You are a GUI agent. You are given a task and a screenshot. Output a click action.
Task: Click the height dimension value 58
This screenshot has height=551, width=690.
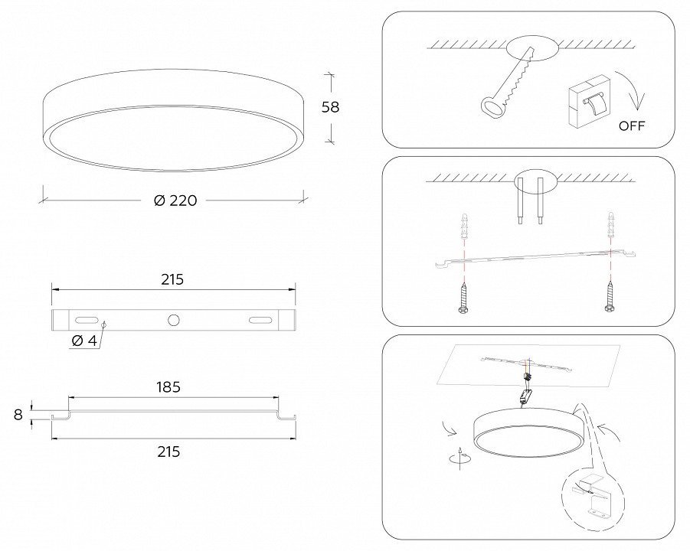[331, 107]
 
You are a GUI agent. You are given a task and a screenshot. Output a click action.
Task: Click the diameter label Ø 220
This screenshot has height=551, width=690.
[175, 201]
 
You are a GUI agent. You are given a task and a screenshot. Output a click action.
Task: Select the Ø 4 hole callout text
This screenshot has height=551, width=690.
[83, 341]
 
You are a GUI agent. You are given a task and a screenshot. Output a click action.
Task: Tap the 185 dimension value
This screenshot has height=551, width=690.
[168, 387]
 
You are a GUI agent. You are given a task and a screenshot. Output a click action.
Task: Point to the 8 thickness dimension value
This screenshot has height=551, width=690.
[18, 415]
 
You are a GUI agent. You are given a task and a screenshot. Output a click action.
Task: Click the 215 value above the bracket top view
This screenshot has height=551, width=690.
[172, 279]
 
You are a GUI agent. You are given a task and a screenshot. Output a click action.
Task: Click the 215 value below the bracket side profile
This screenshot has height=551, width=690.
[168, 452]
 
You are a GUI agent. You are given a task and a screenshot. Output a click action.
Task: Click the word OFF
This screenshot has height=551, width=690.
[632, 126]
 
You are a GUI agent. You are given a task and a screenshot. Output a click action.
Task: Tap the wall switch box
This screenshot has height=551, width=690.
[589, 101]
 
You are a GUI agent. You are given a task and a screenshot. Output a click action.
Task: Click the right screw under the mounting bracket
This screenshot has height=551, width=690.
[610, 297]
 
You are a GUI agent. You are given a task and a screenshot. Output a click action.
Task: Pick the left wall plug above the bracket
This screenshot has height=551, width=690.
[463, 226]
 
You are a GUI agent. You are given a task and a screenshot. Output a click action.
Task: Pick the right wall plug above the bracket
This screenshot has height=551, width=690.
[610, 224]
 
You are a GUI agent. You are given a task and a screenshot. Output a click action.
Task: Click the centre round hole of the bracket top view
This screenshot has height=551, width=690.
[174, 320]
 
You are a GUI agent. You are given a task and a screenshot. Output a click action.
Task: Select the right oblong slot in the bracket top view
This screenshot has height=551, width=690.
[260, 320]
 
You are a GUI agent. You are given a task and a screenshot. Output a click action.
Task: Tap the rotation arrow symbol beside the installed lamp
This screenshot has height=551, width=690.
[460, 458]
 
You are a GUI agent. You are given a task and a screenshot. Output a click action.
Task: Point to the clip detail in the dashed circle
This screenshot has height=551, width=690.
[592, 494]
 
